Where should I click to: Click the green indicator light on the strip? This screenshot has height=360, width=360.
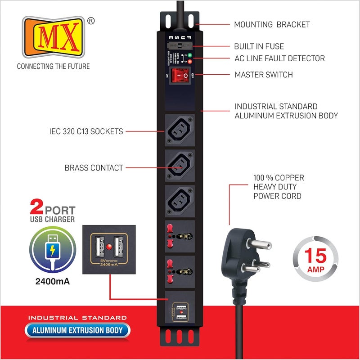pos(189,54)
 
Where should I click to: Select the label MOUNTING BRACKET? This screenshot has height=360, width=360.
pos(272,25)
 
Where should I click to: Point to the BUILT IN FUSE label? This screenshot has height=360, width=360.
pos(259,46)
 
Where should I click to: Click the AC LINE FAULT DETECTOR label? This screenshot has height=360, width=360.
pos(279,58)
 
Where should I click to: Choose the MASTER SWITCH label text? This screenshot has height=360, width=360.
pos(264,75)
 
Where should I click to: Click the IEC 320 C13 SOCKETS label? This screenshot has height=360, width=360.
pos(86,132)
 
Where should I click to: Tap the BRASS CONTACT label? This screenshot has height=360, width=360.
pos(94,168)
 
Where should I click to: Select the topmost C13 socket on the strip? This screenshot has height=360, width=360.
pos(180,130)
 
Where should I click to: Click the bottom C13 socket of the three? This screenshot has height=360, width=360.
pos(180,202)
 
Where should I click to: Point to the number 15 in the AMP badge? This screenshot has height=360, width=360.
pos(315,256)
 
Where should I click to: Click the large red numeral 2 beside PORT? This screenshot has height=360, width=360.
pos(36,209)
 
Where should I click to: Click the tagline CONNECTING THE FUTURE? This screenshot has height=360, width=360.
pos(53,67)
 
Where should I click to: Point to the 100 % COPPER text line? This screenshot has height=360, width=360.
pos(279,177)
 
